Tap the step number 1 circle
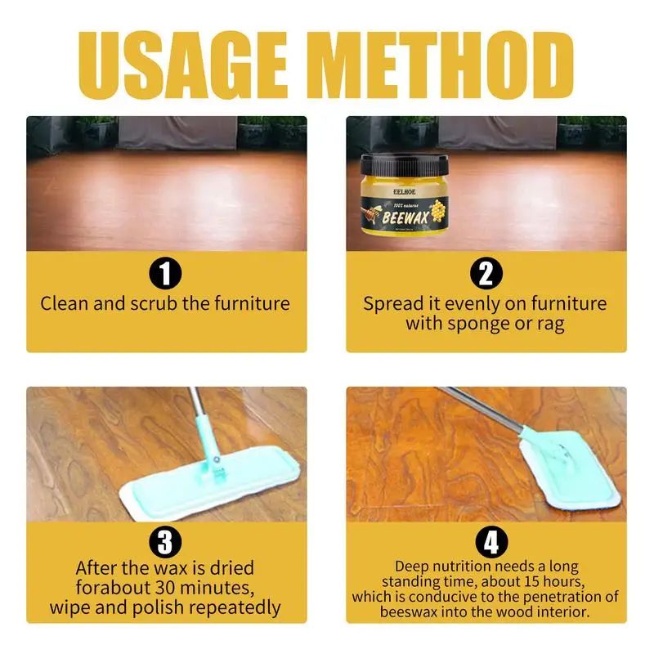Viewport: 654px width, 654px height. (166, 274)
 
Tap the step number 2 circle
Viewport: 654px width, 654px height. (486, 274)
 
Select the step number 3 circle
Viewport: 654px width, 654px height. (166, 542)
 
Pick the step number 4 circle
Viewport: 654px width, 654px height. (486, 542)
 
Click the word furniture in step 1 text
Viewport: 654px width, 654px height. (251, 304)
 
